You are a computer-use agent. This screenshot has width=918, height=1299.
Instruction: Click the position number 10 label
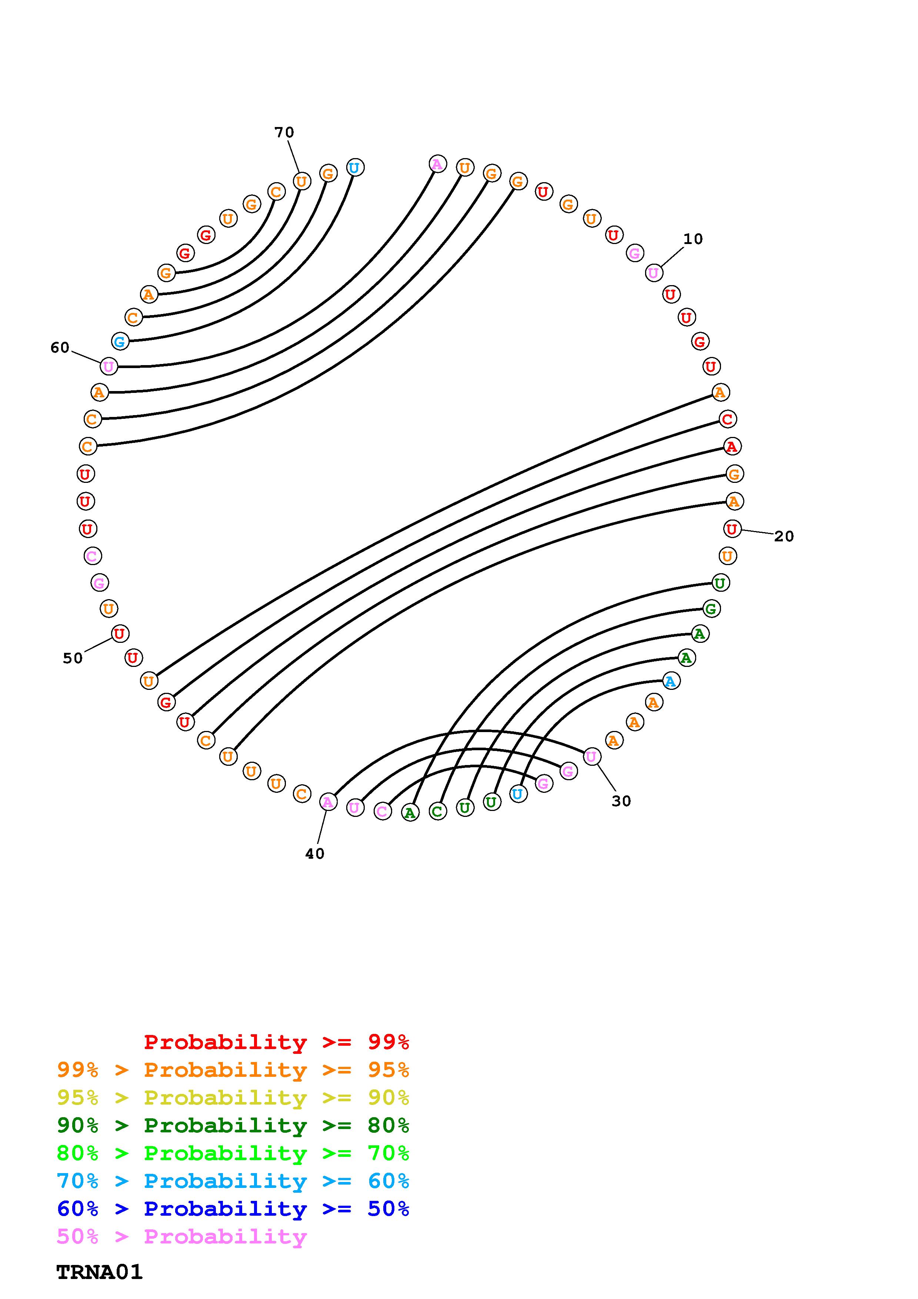692,239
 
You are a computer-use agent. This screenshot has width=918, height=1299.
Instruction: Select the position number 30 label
621,801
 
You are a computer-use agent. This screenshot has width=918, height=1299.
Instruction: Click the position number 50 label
73,658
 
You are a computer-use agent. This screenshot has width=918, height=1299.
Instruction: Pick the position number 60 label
60,347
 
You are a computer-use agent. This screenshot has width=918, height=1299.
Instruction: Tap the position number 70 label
284,133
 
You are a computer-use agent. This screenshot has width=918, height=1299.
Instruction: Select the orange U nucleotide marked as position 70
301,181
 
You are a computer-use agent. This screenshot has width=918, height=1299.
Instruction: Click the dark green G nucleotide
711,609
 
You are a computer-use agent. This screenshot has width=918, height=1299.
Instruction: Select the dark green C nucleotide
437,812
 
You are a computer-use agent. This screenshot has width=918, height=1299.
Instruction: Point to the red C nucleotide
727,419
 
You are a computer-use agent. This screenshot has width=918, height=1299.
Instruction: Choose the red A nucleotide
732,446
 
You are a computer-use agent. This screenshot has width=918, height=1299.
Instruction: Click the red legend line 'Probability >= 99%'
276,1042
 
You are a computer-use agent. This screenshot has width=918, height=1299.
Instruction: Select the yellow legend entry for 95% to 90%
233,1097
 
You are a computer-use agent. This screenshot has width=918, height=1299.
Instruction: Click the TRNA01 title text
100,1272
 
